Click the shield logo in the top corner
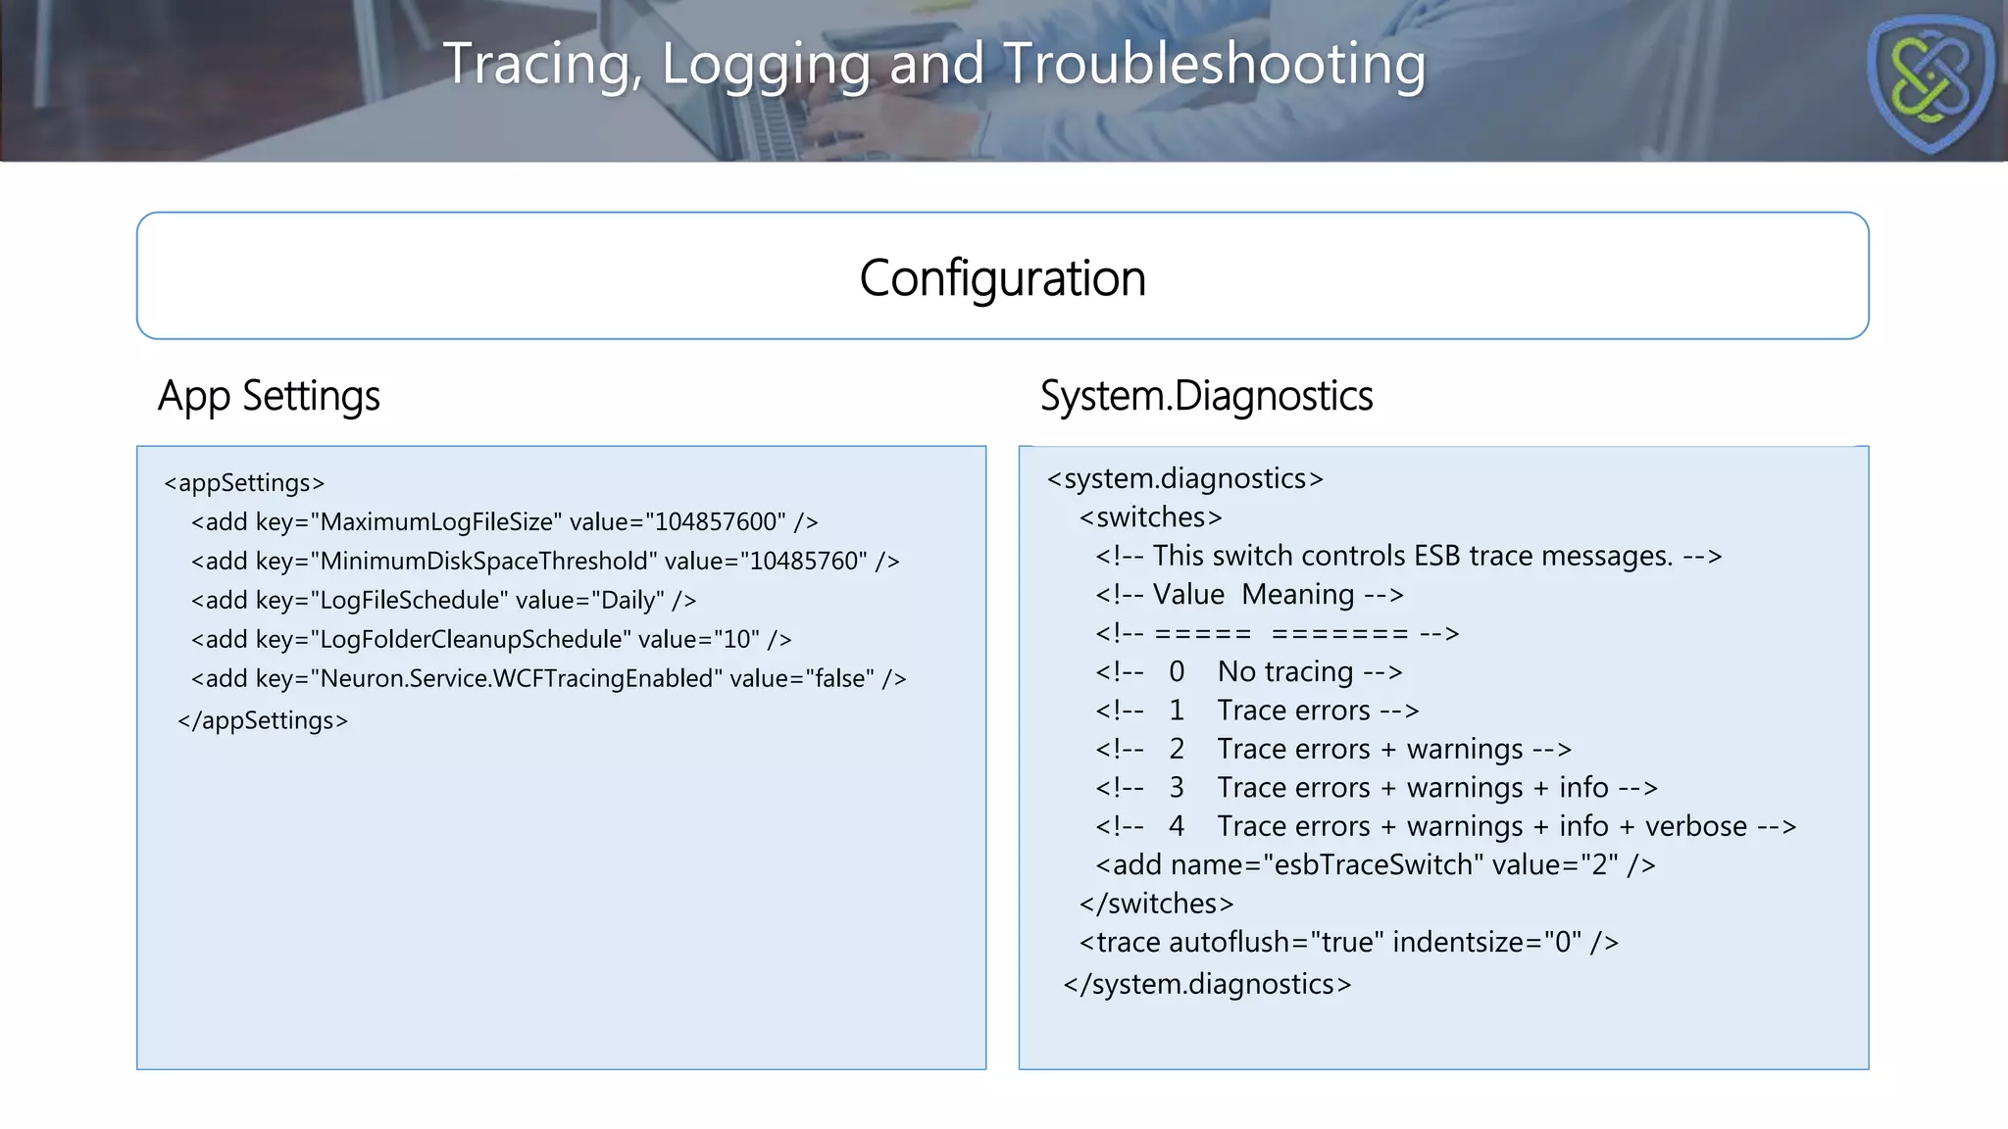click(1930, 82)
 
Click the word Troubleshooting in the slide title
click(1214, 65)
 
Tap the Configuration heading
click(1002, 278)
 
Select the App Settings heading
click(269, 397)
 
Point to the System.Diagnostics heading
click(1206, 397)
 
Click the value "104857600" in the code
click(715, 522)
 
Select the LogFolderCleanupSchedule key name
click(472, 640)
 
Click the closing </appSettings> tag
click(263, 721)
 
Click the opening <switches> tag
click(1150, 517)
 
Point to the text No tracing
click(1285, 672)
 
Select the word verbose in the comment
click(1695, 827)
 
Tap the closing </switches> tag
click(1156, 904)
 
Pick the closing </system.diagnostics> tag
click(1207, 985)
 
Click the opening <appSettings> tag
click(244, 483)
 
